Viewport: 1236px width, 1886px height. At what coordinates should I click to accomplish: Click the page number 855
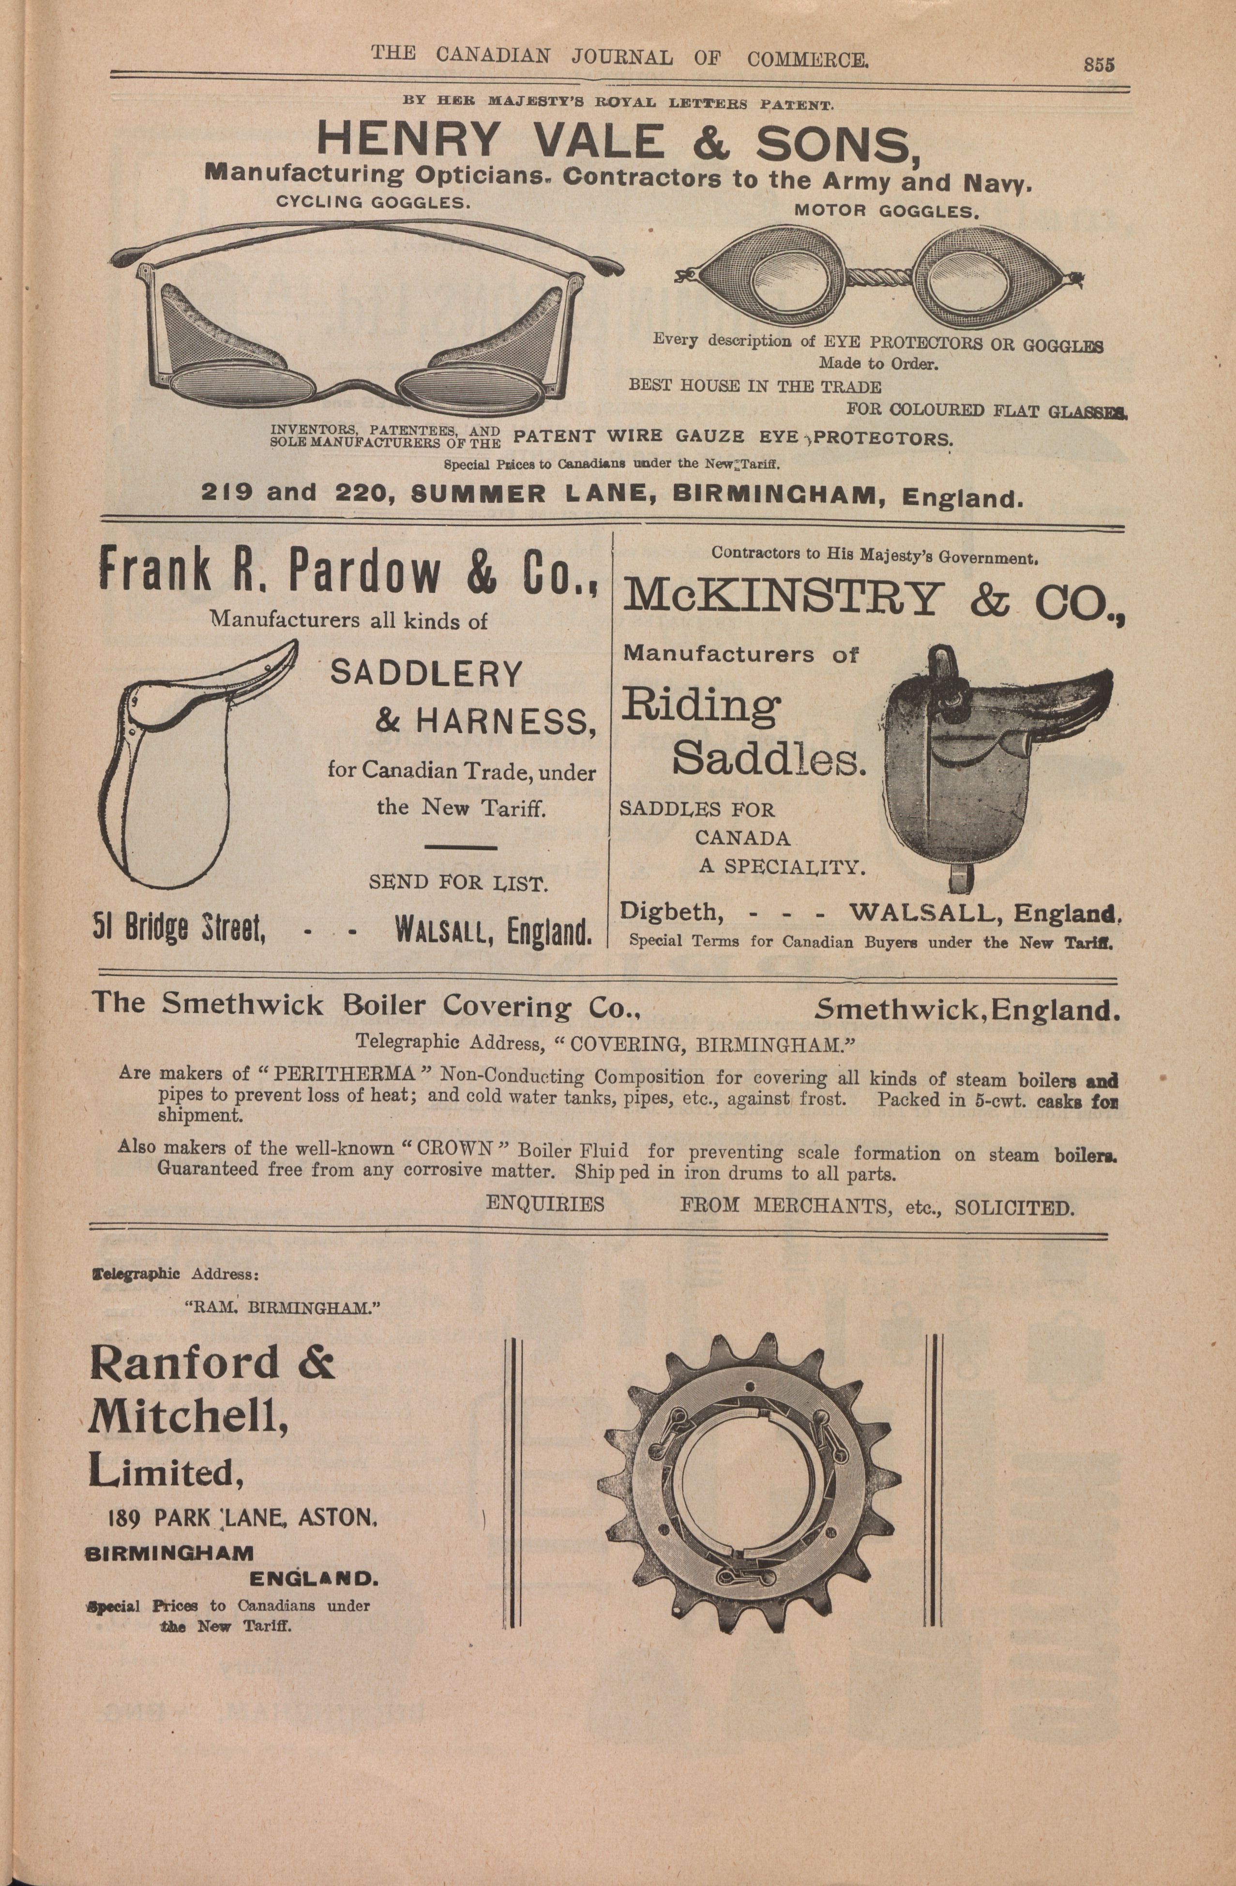coord(1099,64)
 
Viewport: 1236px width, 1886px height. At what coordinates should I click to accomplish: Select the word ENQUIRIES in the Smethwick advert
coord(545,1205)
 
